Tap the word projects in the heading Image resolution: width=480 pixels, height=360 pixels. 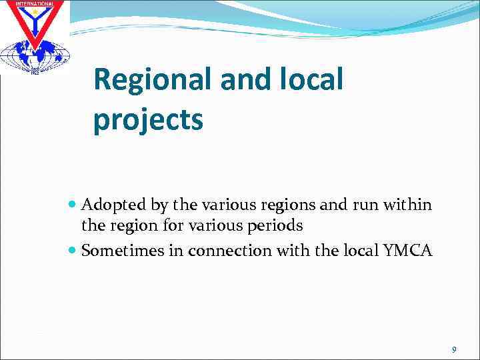click(x=148, y=120)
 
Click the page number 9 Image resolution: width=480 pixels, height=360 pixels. click(x=454, y=350)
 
